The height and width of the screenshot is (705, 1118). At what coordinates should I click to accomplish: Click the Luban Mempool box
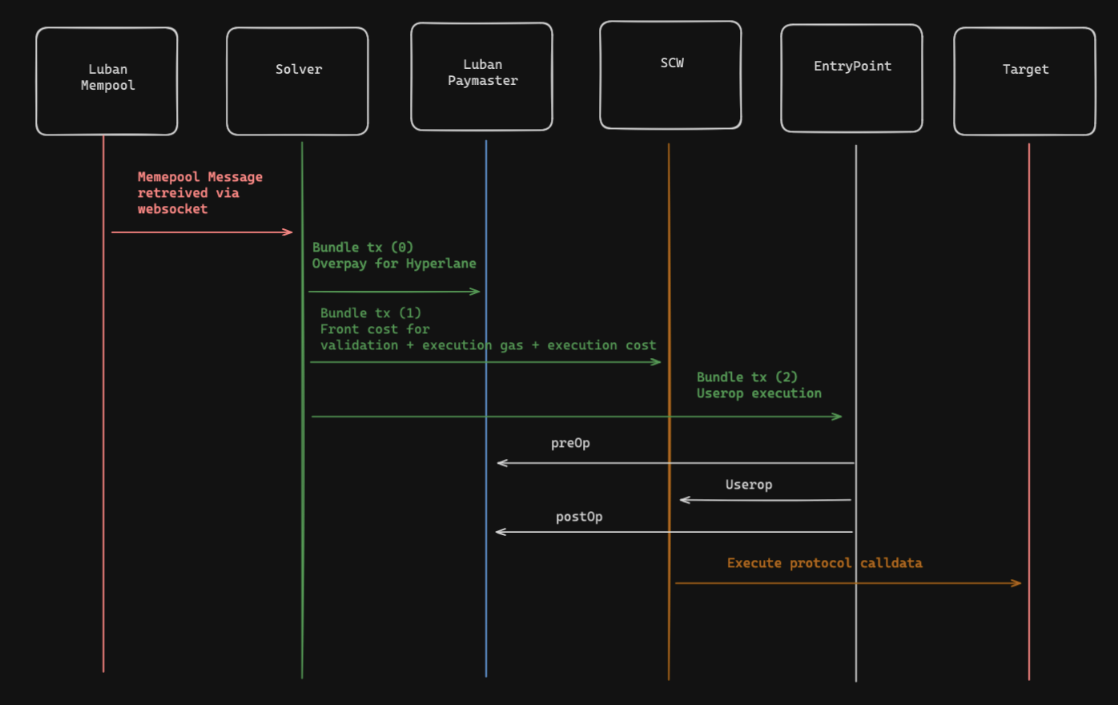(107, 81)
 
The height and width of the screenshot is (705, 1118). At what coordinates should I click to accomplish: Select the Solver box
(297, 81)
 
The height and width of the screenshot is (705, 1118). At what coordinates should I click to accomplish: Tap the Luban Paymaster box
(481, 76)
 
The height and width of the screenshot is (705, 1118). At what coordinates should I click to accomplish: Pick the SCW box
(670, 75)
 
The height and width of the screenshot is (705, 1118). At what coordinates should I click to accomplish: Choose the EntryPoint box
(851, 78)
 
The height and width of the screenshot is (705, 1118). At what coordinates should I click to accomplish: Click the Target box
(1024, 81)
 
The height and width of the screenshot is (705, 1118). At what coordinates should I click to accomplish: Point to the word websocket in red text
(172, 209)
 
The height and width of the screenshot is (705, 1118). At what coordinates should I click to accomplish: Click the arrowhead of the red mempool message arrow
(289, 232)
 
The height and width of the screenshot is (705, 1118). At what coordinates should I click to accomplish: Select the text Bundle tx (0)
(363, 248)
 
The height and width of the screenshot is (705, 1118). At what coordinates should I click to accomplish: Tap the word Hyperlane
(440, 264)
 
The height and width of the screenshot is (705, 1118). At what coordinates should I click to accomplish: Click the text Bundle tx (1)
(370, 313)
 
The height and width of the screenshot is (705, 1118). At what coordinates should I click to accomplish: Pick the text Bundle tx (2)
(746, 377)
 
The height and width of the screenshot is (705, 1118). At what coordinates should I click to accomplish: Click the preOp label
(570, 443)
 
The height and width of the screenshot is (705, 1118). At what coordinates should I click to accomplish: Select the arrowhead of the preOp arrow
(501, 463)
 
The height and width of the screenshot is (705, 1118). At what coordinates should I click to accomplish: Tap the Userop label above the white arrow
(749, 485)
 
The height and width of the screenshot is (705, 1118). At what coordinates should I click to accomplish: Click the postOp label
(579, 517)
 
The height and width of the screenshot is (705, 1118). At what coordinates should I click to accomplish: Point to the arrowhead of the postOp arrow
(499, 532)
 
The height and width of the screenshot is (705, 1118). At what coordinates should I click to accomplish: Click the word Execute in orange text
(754, 563)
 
